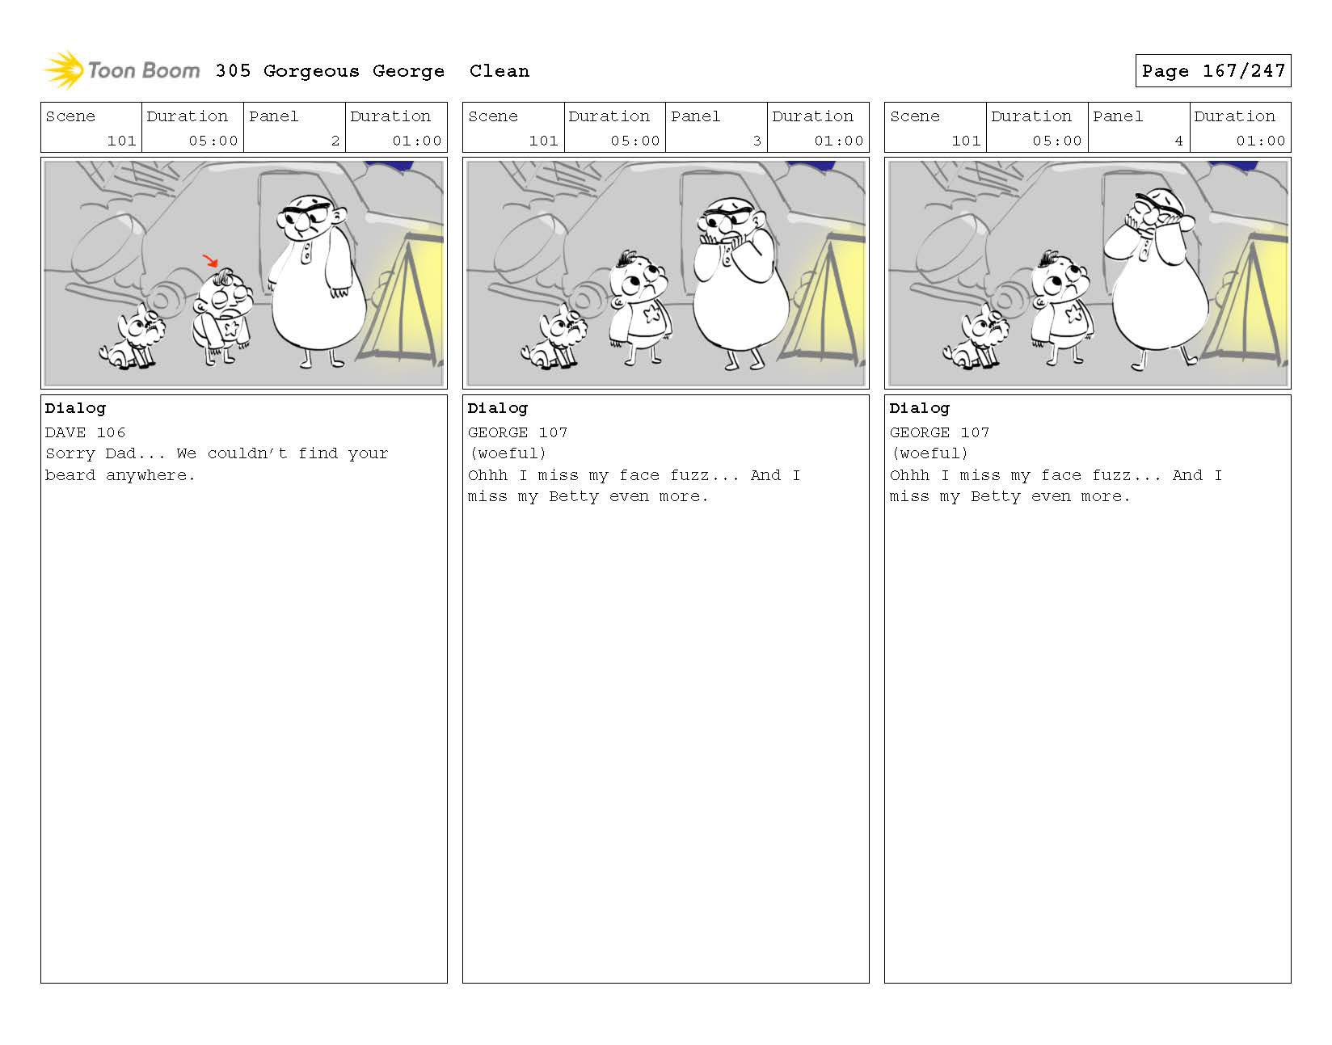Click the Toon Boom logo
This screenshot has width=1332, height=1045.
point(122,70)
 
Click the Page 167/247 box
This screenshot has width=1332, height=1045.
point(1212,70)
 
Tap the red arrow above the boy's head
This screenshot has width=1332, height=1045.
point(210,260)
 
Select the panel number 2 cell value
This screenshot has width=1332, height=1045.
point(335,141)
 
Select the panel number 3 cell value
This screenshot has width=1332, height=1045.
point(757,141)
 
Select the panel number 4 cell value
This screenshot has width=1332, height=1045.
point(1178,141)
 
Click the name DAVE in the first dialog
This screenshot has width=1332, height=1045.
point(65,432)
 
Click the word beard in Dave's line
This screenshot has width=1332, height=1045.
point(70,475)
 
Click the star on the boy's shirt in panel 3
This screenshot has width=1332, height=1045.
point(651,314)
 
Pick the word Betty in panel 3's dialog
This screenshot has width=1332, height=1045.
point(574,496)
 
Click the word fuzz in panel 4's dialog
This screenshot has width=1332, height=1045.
point(1112,475)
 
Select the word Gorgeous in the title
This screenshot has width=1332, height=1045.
point(311,72)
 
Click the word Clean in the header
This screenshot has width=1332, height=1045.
point(499,71)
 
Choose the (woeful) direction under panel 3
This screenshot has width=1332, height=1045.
point(507,453)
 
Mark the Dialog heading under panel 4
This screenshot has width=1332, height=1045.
point(920,409)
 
